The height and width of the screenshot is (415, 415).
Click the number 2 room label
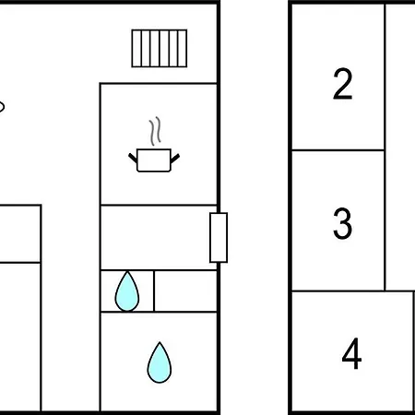(x=342, y=84)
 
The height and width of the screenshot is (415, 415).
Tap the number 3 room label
(x=342, y=223)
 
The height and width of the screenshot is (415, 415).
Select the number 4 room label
(x=351, y=353)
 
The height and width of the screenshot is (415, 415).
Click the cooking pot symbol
(x=154, y=160)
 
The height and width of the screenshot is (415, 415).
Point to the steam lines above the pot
(x=155, y=131)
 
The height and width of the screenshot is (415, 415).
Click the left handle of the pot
(x=133, y=158)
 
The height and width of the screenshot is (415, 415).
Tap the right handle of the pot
(x=175, y=158)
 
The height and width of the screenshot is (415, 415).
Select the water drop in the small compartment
(x=127, y=292)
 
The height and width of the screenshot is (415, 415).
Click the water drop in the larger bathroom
(x=160, y=362)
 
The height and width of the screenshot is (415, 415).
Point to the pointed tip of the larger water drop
(x=160, y=342)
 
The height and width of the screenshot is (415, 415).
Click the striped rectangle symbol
(x=160, y=48)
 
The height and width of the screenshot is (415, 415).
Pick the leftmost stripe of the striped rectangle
(x=136, y=48)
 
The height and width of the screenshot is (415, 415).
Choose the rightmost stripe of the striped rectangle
(x=183, y=48)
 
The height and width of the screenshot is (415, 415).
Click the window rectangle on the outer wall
(x=219, y=238)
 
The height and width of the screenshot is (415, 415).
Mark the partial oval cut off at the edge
(x=2, y=107)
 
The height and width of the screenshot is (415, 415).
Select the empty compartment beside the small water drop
(x=185, y=290)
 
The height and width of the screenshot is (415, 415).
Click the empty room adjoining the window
(x=159, y=237)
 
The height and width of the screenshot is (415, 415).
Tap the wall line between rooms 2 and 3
(x=338, y=150)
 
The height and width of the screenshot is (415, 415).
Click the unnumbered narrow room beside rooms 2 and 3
(x=400, y=147)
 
